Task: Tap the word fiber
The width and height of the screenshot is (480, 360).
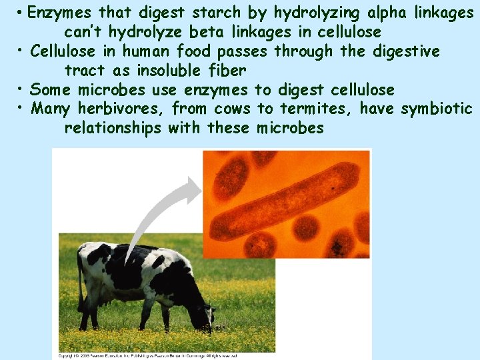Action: click(228, 70)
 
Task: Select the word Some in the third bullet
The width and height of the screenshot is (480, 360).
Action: click(51, 89)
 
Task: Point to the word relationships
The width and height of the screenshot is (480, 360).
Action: click(113, 127)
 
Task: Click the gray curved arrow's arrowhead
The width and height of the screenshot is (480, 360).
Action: click(192, 189)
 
